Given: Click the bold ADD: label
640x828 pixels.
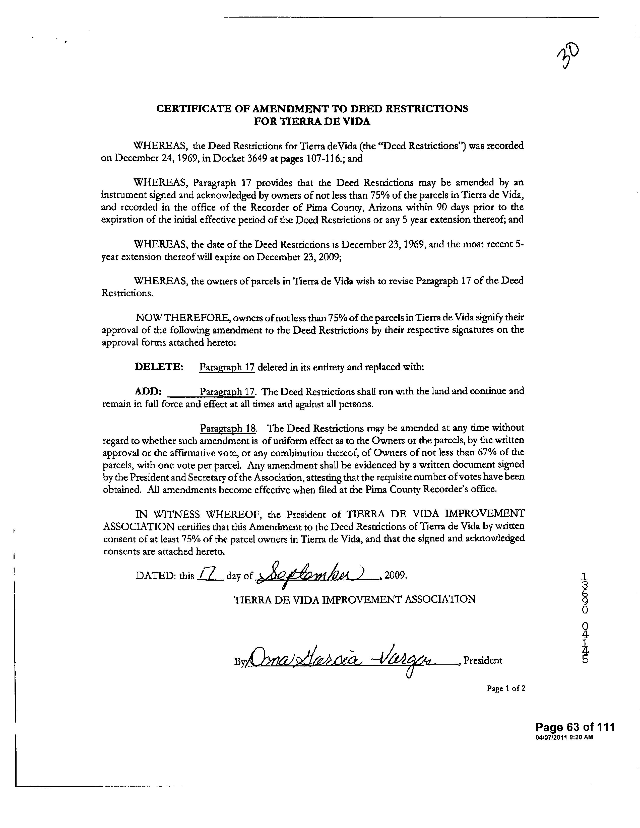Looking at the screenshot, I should (148, 391).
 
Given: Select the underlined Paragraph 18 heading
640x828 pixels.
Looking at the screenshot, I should (228, 428).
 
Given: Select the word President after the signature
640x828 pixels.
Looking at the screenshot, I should (483, 661).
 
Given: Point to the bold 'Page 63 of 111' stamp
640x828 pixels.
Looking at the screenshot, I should (575, 727).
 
